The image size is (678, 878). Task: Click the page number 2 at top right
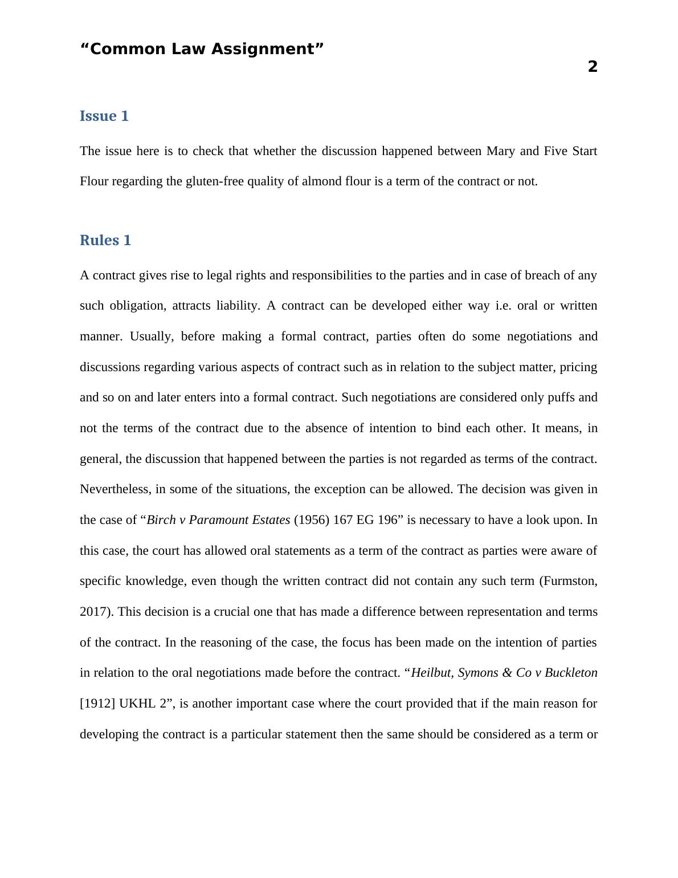pyautogui.click(x=593, y=67)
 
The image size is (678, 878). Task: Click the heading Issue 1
pyautogui.click(x=104, y=116)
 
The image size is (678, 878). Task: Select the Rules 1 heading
pyautogui.click(x=105, y=241)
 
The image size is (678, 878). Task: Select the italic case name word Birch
pyautogui.click(x=161, y=520)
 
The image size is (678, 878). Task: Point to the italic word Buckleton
pyautogui.click(x=571, y=673)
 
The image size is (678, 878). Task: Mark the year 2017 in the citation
pyautogui.click(x=93, y=612)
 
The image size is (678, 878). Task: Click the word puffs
pyautogui.click(x=561, y=397)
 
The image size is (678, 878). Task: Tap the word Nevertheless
pyautogui.click(x=114, y=489)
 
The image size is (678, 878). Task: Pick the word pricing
pyautogui.click(x=578, y=367)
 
